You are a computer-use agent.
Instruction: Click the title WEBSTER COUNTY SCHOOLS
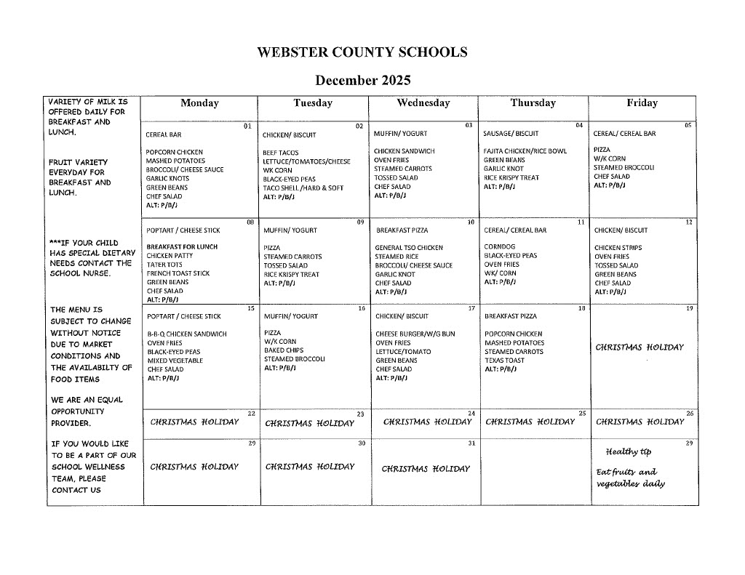point(362,52)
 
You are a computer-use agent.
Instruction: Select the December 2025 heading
point(362,79)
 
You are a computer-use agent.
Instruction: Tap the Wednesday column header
point(423,103)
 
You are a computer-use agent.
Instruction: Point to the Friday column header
point(642,103)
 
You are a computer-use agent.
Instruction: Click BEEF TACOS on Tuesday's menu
point(281,153)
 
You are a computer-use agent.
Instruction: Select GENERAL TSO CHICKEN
point(409,248)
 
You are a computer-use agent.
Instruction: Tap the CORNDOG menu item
point(499,246)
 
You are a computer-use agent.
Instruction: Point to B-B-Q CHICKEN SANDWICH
point(187,334)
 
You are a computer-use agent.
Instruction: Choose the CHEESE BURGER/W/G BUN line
point(415,334)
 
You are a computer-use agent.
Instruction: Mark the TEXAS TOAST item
point(504,361)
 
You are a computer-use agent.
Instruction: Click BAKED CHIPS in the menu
point(284,350)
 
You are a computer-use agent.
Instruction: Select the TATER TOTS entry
point(164,265)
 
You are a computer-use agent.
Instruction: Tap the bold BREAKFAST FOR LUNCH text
point(182,246)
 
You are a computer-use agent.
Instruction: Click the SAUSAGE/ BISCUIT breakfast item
point(511,134)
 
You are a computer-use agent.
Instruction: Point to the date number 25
point(581,413)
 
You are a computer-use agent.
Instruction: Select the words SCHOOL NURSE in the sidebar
point(79,273)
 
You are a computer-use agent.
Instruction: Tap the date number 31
point(471,443)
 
